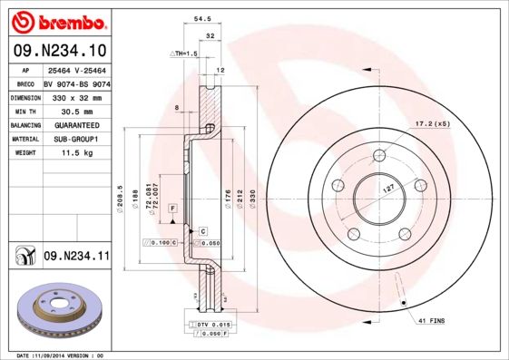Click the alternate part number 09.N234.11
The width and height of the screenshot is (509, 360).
click(x=75, y=257)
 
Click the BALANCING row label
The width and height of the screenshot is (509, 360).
click(x=24, y=125)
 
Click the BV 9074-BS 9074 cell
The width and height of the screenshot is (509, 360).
click(x=77, y=83)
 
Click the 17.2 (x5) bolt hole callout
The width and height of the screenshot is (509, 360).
click(x=432, y=123)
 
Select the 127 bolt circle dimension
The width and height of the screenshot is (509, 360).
click(x=385, y=190)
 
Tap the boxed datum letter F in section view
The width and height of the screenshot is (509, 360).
click(x=170, y=209)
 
